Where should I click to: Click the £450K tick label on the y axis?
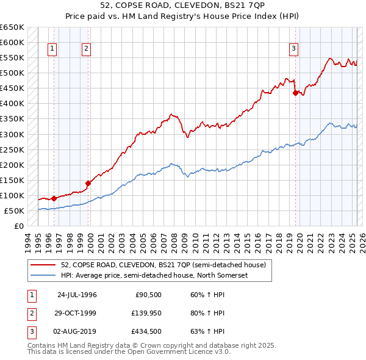coord(12,88)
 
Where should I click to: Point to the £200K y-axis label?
coord(12,165)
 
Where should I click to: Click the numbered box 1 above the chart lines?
coord(52,49)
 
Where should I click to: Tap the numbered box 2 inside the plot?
coord(86,49)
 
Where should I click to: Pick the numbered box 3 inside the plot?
coord(293,49)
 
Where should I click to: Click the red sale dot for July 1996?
coord(54,198)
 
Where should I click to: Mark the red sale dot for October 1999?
coord(88,182)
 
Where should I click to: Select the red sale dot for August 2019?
coord(295,93)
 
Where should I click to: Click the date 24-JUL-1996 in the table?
coord(77,295)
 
